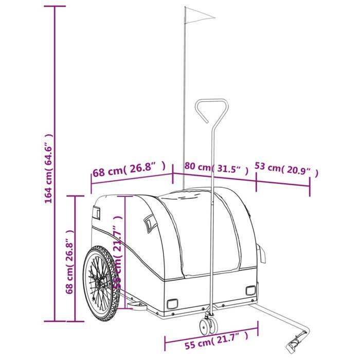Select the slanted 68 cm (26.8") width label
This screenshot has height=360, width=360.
(129, 168)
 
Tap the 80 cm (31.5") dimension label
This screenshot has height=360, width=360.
(216, 168)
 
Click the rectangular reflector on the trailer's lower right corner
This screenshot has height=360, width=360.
(250, 291)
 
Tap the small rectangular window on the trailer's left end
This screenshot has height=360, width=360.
(96, 211)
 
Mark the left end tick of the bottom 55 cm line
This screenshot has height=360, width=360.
(165, 343)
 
